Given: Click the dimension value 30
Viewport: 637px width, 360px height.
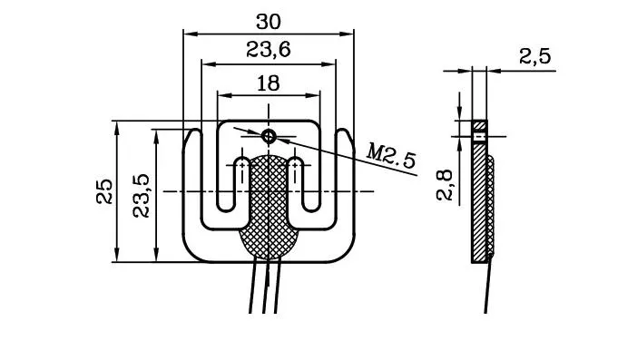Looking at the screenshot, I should coord(268,21).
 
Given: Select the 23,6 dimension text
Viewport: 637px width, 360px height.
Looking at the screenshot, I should coord(268,52).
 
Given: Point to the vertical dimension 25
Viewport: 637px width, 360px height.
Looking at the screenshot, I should coord(104,190).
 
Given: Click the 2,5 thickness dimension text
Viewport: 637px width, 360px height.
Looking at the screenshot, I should coord(535,56).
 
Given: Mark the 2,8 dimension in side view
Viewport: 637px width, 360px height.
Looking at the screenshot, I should coord(444,183).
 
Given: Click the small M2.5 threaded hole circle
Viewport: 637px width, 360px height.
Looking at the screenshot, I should coord(269,136).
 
